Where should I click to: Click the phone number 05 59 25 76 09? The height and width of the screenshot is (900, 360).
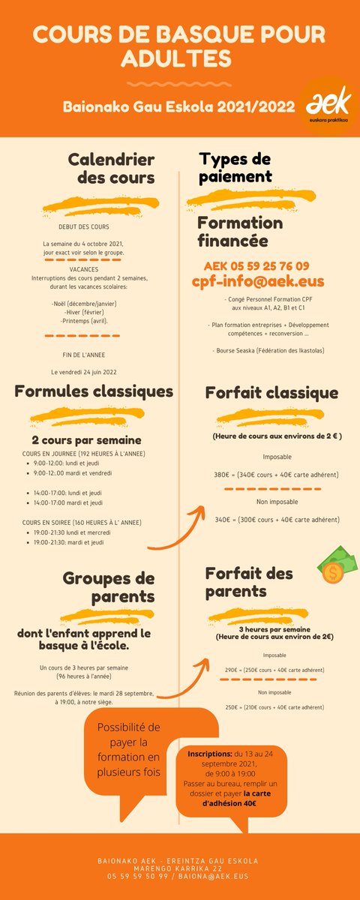point(256,265)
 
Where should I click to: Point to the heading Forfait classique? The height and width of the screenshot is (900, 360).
point(271,392)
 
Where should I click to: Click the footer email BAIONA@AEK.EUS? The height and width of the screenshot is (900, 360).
point(214,875)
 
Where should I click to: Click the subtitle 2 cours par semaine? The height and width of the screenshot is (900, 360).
point(86,439)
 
